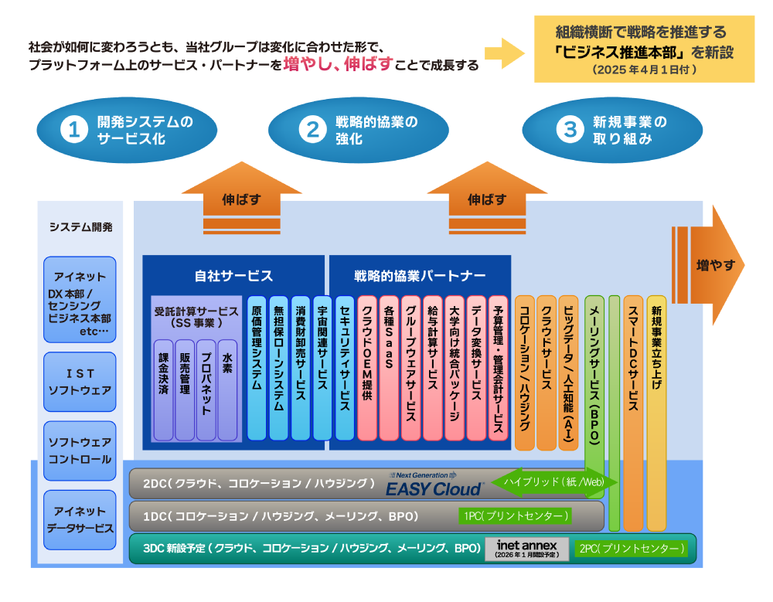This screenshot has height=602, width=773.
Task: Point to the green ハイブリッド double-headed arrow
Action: pos(553,481)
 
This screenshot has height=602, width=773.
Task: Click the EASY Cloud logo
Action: pos(434,485)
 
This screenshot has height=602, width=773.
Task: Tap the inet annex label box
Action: pos(526,549)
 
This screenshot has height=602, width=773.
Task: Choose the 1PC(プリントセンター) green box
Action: pos(515,515)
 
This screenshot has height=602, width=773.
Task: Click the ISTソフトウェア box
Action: pos(80,382)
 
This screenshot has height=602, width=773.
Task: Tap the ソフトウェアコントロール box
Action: pos(80,451)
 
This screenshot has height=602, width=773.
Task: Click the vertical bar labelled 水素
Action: pos(227,389)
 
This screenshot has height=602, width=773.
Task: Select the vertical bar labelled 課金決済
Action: pos(163,389)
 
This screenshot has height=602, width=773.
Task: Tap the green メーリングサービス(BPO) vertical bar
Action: pos(594,386)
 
